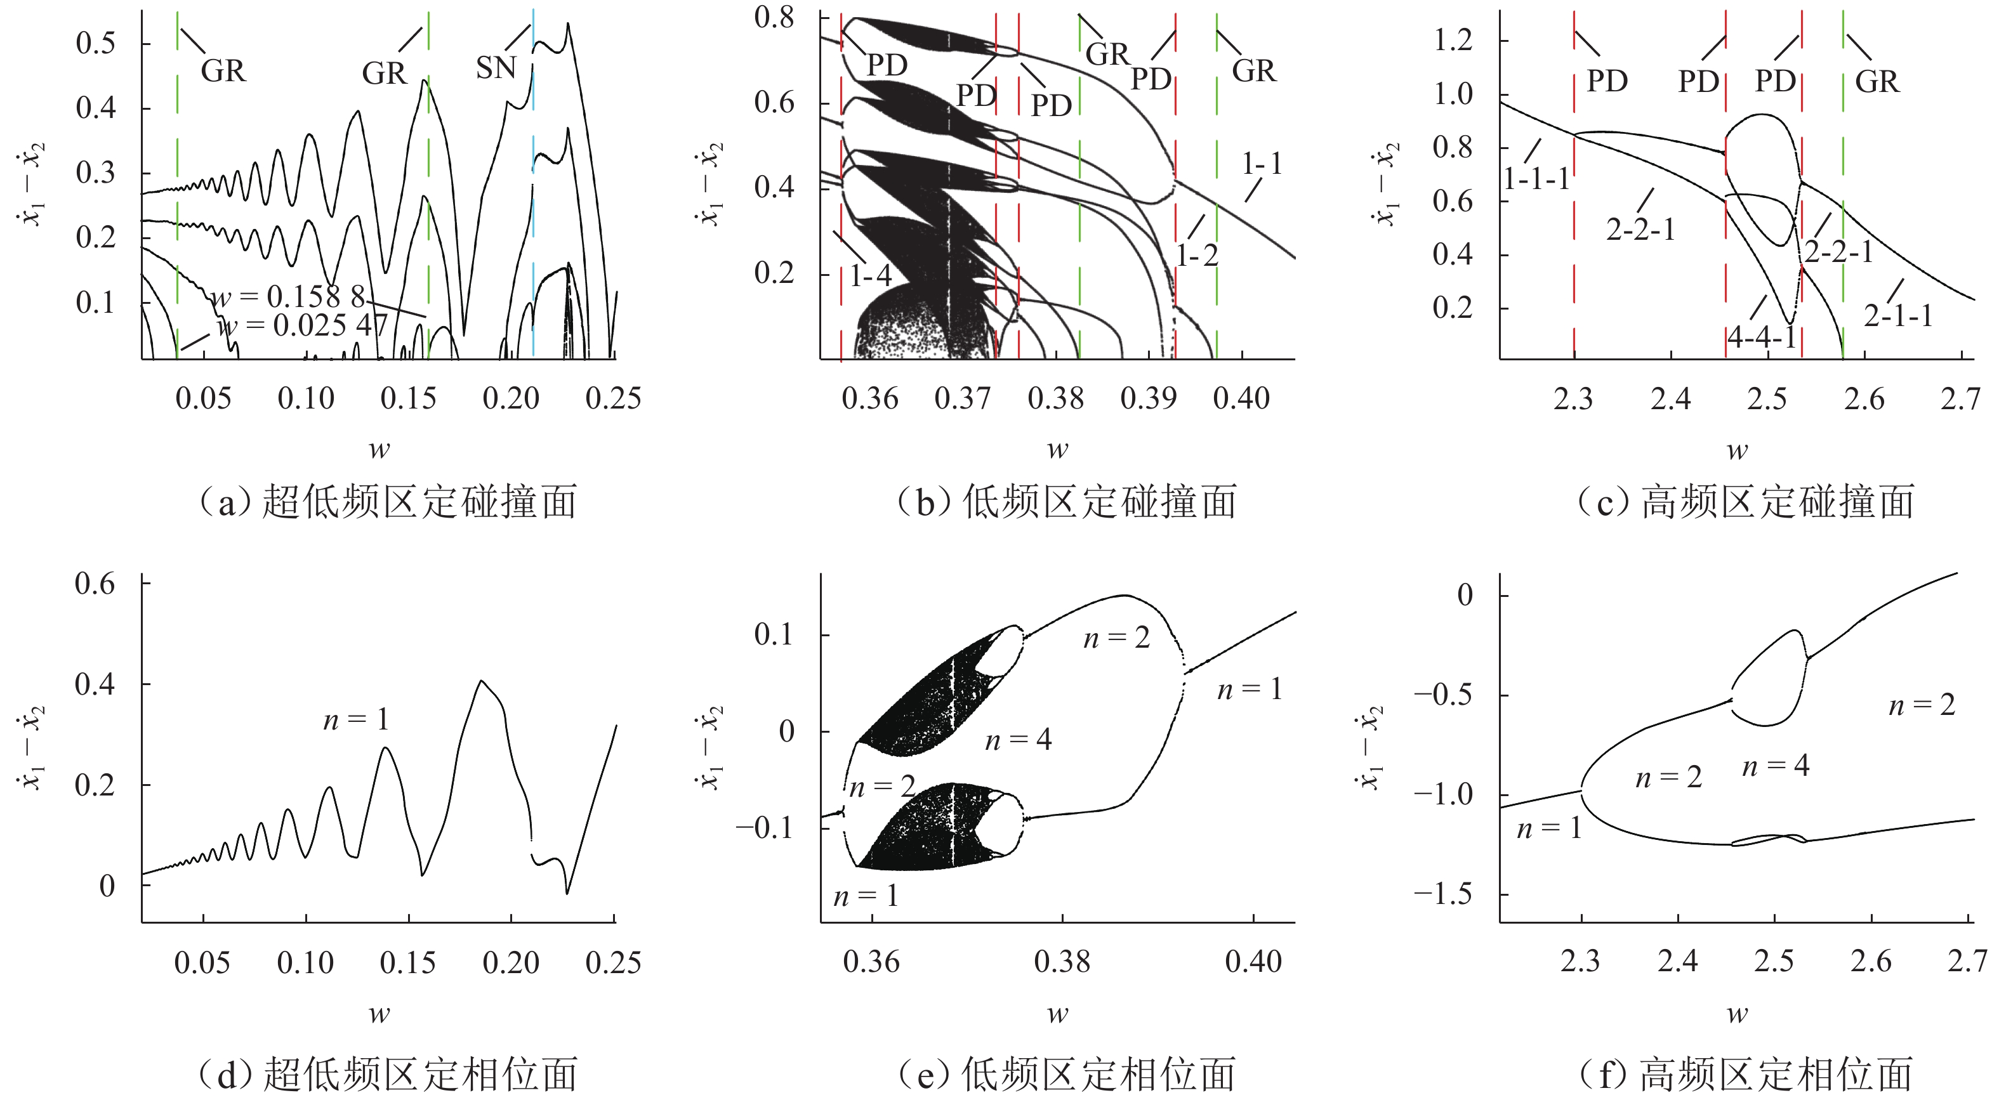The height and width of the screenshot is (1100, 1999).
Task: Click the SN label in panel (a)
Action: (x=496, y=69)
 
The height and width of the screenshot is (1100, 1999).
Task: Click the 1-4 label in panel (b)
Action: (x=870, y=275)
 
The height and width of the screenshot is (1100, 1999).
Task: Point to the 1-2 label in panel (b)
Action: (x=1197, y=255)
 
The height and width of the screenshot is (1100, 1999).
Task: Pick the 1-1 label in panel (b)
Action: (x=1262, y=164)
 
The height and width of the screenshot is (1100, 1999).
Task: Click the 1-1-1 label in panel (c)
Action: (x=1536, y=179)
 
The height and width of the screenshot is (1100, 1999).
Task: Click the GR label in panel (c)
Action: (x=1877, y=81)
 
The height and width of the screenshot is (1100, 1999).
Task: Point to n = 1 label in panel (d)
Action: (x=355, y=720)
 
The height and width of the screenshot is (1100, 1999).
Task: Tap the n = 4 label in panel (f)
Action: (x=1776, y=766)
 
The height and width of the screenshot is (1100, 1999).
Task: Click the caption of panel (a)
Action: (x=388, y=501)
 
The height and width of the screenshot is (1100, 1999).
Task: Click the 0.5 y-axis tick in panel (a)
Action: (x=95, y=43)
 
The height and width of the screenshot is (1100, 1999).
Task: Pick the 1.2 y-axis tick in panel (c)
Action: (x=1452, y=39)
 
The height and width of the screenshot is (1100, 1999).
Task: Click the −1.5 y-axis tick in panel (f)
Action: (x=1442, y=894)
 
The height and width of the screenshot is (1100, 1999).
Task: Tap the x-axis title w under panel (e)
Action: (x=1058, y=1013)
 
